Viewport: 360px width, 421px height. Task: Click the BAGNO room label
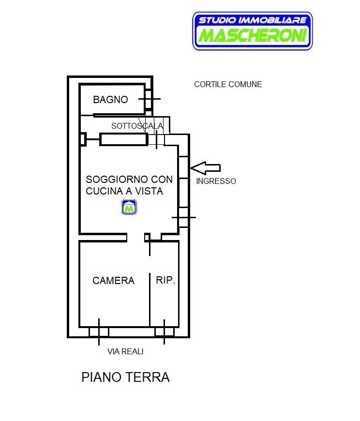(x=110, y=100)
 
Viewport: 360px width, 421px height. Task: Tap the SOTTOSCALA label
(x=137, y=126)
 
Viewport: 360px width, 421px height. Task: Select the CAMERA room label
(x=113, y=281)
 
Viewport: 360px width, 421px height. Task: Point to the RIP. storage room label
(x=165, y=280)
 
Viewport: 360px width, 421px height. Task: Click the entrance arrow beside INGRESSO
(x=205, y=168)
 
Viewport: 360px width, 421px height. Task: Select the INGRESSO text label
(x=216, y=181)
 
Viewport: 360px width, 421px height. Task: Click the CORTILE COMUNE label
(x=228, y=84)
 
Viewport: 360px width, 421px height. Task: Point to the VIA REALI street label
(x=125, y=351)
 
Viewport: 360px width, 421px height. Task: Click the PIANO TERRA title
(x=125, y=377)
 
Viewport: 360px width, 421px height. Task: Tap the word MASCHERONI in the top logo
(x=253, y=35)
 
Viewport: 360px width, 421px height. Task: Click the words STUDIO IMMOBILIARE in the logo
(x=253, y=20)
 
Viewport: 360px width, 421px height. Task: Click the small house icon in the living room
(x=129, y=207)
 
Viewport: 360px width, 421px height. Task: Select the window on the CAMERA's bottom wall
(x=99, y=332)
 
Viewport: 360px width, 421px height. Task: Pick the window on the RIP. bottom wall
(x=165, y=332)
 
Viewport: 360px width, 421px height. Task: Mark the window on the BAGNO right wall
(x=149, y=99)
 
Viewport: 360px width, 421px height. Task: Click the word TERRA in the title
(x=148, y=377)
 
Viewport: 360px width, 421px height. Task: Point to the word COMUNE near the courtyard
(x=245, y=84)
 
